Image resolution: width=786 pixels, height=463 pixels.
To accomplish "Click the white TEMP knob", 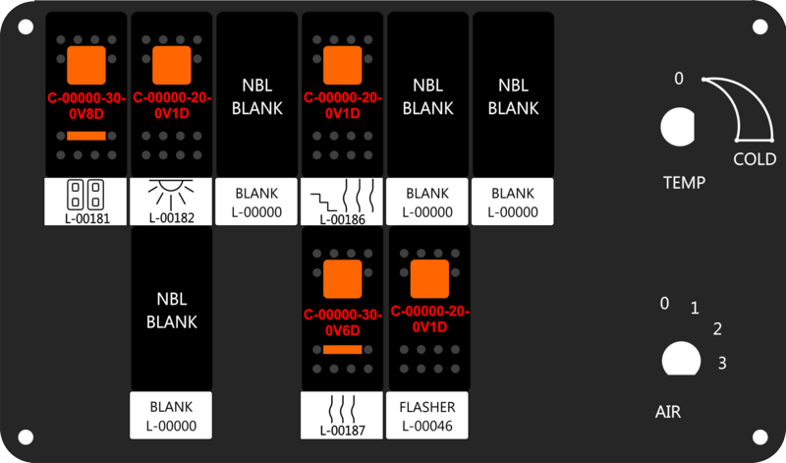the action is coord(678,127).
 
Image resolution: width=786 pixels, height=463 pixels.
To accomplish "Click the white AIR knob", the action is coord(681,359).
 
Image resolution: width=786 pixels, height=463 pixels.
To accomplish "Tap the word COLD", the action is coord(755,159).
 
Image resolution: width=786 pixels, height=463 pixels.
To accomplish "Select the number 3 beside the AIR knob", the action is coord(722,363).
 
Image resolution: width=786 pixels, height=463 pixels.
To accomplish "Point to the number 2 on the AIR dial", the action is coord(717,329).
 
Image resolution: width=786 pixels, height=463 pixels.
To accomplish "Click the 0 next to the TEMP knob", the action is coord(679,79).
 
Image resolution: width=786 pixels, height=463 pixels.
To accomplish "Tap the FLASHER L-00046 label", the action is coord(427,416).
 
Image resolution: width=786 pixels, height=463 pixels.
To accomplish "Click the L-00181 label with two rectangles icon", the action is coord(85,202).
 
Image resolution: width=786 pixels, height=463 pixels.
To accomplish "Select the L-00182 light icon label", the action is coord(171,202).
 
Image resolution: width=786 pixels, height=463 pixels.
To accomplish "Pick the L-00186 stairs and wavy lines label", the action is coord(342,202).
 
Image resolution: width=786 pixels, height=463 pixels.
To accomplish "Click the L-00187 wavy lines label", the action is coord(342,416).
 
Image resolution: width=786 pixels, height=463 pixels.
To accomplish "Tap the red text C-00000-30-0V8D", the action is coord(86,106).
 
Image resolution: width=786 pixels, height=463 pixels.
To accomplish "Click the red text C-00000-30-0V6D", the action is coord(342,322).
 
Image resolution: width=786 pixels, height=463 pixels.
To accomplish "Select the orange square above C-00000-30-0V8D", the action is coord(86,65).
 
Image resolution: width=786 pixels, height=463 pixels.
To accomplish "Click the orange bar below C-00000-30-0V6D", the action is coord(342,350).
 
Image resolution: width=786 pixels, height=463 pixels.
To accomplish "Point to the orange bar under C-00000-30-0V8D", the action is coord(86,136).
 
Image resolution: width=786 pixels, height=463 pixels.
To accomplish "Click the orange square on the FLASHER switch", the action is coord(429,279).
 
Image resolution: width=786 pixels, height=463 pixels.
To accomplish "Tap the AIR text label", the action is coord(668,412).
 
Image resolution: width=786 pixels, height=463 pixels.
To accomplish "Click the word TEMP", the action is coord(684,183).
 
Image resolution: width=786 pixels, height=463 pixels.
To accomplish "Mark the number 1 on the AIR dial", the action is coord(695,308).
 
